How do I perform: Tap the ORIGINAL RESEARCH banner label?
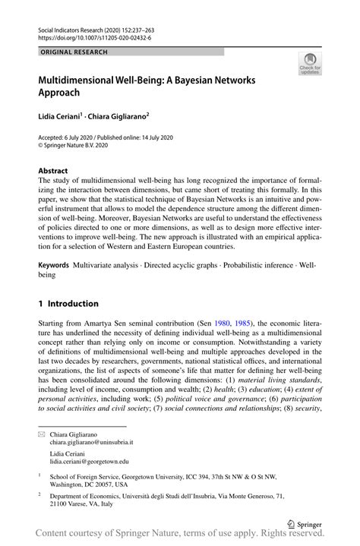pyautogui.click(x=75, y=52)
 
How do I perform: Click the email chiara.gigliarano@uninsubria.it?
pyautogui.click(x=91, y=441)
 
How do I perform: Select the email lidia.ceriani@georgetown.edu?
pyautogui.click(x=89, y=461)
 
